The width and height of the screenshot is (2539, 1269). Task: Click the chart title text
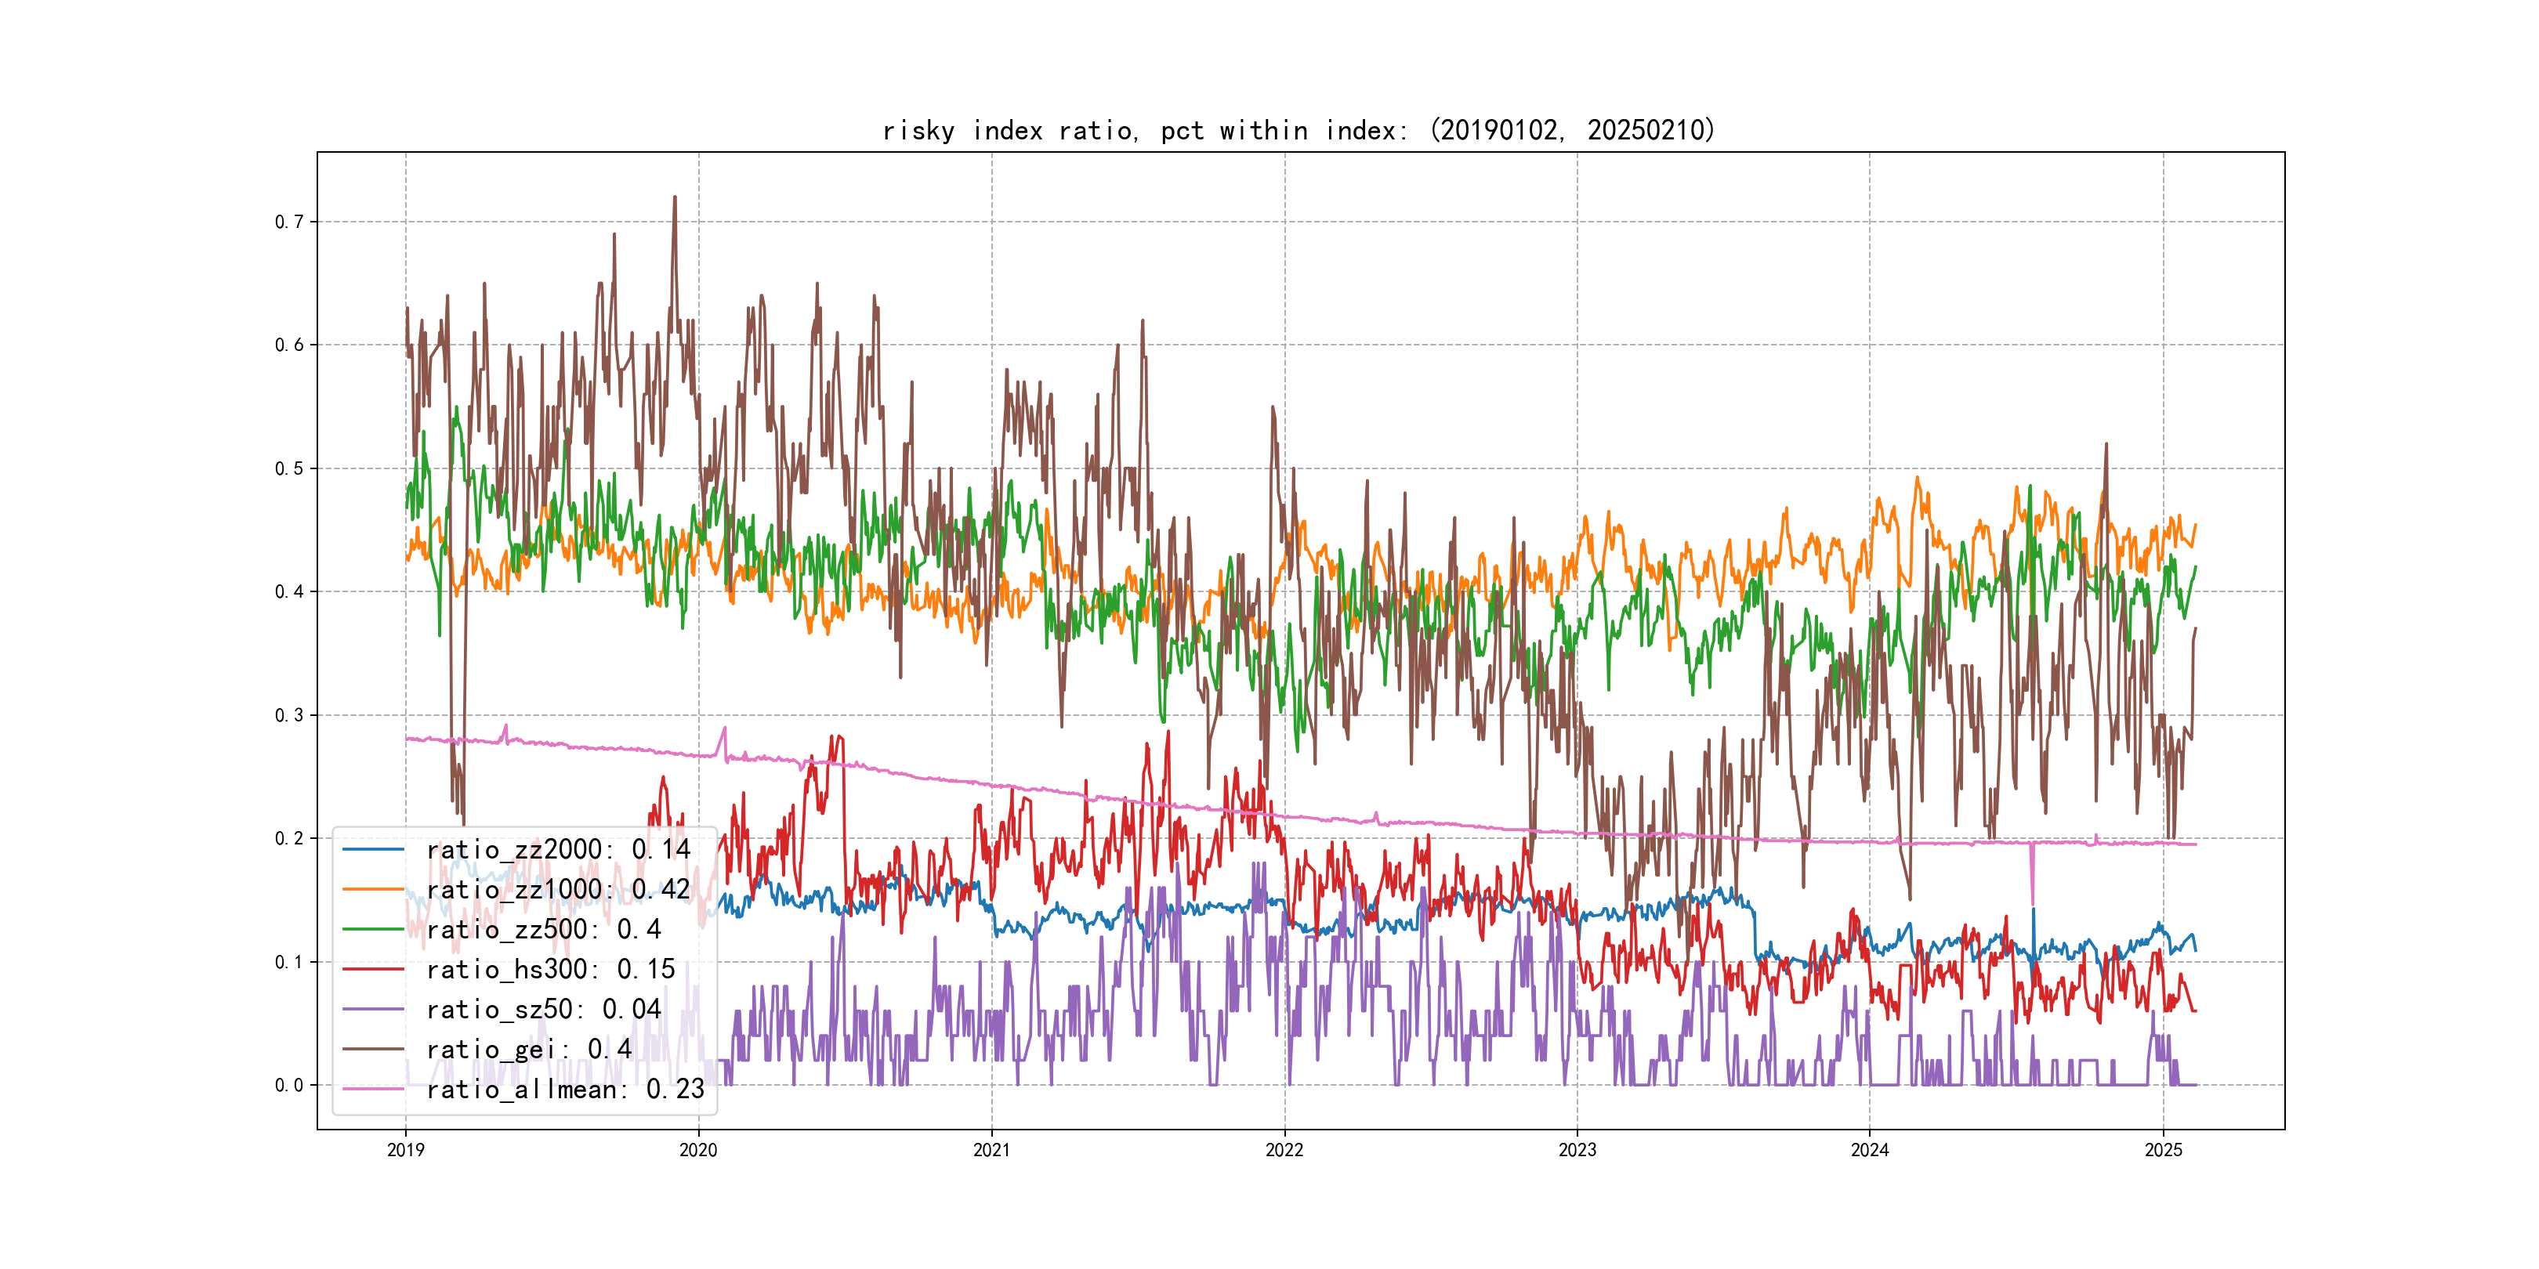[x=1299, y=130]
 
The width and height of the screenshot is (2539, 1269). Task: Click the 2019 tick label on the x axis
[x=405, y=1150]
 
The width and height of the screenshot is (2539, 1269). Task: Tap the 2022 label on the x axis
[x=1284, y=1150]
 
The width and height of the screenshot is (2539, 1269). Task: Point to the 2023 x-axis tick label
[x=1577, y=1150]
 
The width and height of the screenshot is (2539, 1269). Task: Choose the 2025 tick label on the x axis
[x=2164, y=1150]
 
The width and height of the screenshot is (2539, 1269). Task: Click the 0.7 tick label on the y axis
[x=289, y=222]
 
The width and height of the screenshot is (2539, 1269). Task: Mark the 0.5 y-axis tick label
[x=289, y=468]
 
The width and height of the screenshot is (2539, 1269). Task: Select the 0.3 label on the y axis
[x=289, y=715]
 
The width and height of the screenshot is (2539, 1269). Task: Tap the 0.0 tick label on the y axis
[x=289, y=1085]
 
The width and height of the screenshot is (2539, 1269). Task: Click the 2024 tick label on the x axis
[x=1870, y=1150]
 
